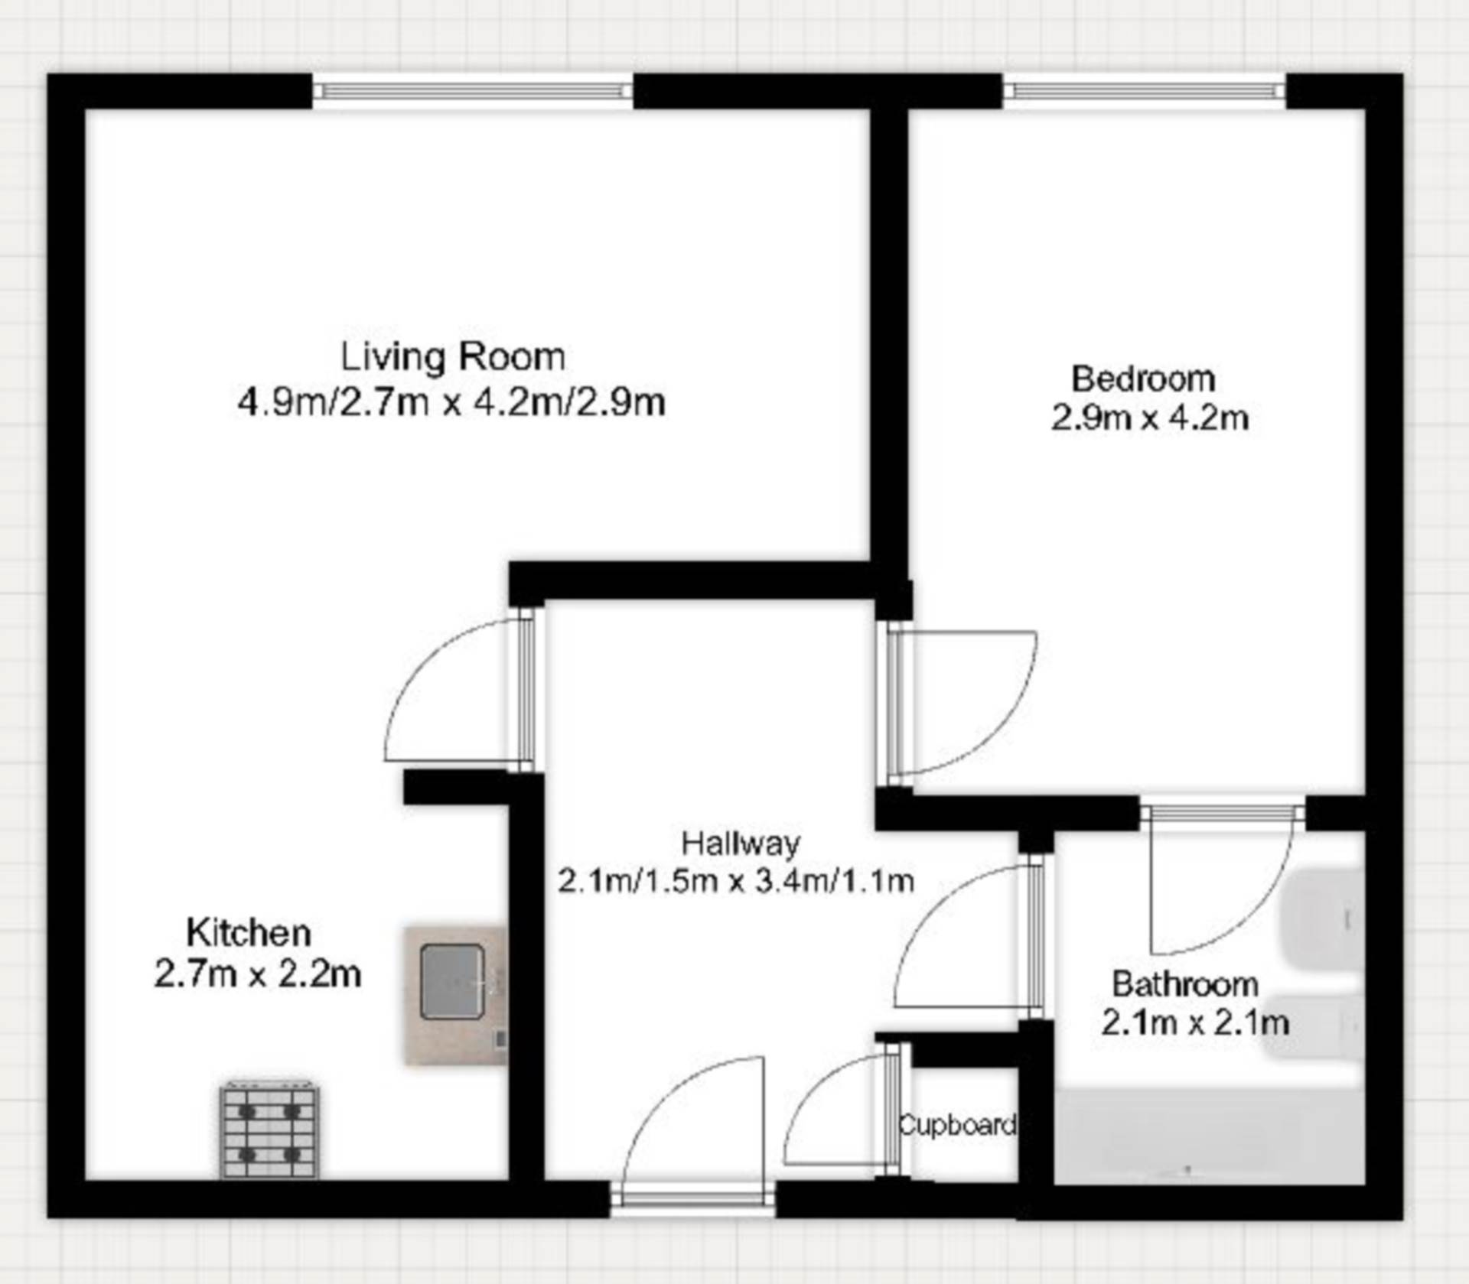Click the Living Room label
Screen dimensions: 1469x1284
pyautogui.click(x=453, y=357)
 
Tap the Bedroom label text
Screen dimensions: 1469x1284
pyautogui.click(x=1143, y=379)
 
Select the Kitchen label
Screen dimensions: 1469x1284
pyautogui.click(x=249, y=933)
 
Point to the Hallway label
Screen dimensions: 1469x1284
pyautogui.click(x=741, y=843)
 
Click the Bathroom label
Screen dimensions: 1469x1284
pyautogui.click(x=1185, y=984)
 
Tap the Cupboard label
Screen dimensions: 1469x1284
pyautogui.click(x=958, y=1125)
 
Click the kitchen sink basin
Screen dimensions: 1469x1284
pyautogui.click(x=452, y=982)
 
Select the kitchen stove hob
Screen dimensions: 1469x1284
pyautogui.click(x=270, y=1130)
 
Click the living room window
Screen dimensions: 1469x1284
pyautogui.click(x=473, y=92)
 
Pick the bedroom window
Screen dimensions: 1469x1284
pyautogui.click(x=1145, y=92)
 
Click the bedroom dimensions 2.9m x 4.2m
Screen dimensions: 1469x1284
pyautogui.click(x=1149, y=418)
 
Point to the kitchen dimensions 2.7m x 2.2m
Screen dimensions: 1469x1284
pyautogui.click(x=258, y=974)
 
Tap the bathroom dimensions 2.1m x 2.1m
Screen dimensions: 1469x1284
pyautogui.click(x=1195, y=1023)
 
